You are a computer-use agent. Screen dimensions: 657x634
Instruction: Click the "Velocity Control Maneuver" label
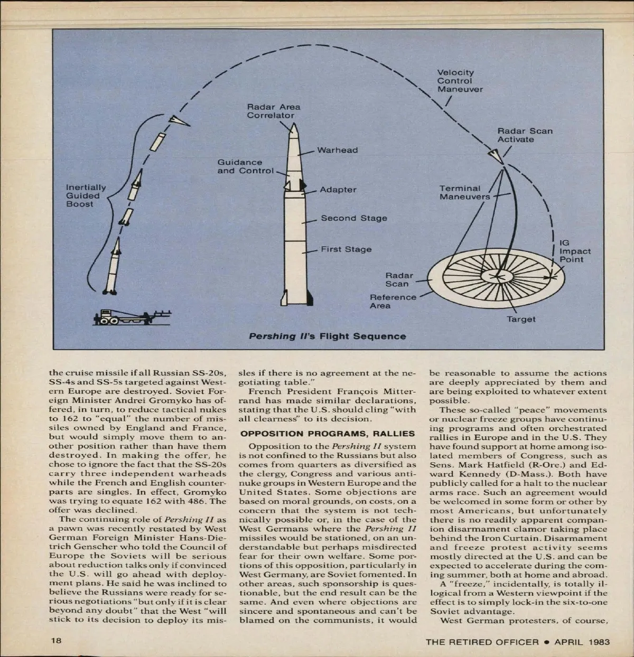pyautogui.click(x=459, y=81)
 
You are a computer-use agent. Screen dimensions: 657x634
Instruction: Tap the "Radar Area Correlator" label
pyautogui.click(x=273, y=111)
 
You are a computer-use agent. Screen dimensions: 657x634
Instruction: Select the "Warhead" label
pyautogui.click(x=337, y=150)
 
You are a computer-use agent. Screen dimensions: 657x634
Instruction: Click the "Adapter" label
pyautogui.click(x=338, y=190)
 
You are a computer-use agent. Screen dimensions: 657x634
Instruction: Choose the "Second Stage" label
pyautogui.click(x=354, y=218)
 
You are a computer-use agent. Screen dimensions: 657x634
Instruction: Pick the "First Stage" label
pyautogui.click(x=346, y=249)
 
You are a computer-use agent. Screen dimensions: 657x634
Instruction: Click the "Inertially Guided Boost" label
pyautogui.click(x=86, y=195)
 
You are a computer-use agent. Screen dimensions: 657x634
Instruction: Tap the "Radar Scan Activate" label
pyautogui.click(x=525, y=135)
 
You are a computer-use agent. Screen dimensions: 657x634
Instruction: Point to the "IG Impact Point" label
pyautogui.click(x=575, y=251)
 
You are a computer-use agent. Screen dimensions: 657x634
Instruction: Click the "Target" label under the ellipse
pyautogui.click(x=521, y=319)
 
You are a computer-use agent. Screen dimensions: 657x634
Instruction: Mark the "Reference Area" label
pyautogui.click(x=393, y=301)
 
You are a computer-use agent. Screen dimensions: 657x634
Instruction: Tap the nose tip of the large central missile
pyautogui.click(x=295, y=125)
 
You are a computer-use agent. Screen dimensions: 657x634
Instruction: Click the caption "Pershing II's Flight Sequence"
pyautogui.click(x=328, y=336)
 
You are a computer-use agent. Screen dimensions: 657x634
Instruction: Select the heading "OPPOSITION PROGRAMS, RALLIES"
pyautogui.click(x=328, y=434)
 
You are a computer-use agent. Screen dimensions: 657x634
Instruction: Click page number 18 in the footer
pyautogui.click(x=56, y=641)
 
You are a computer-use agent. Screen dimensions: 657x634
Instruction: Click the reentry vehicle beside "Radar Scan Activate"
pyautogui.click(x=494, y=155)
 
